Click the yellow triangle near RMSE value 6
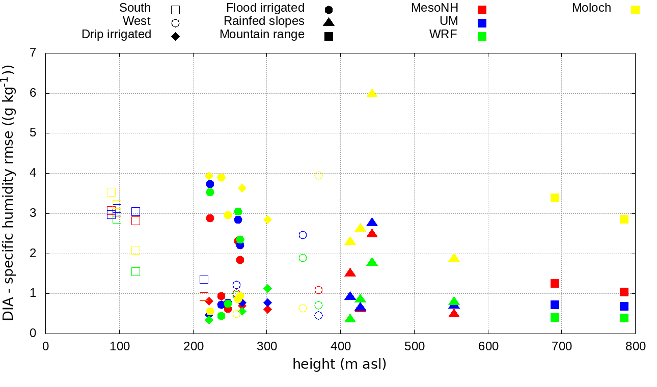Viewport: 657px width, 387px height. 372,93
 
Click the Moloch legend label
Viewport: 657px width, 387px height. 591,8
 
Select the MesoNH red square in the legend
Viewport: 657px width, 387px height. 482,10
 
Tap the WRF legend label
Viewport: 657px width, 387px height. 443,35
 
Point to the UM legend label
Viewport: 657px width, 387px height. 449,21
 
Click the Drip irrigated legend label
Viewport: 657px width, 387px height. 116,35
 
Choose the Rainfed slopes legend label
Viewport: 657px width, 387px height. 264,21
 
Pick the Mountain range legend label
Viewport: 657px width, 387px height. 262,35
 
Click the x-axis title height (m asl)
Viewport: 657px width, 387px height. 339,364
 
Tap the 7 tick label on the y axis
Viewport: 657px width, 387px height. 34,53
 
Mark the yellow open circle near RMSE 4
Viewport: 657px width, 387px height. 318,175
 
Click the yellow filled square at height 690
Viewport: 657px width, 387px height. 555,198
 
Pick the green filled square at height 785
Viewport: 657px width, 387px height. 624,318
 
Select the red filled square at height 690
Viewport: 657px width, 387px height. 555,283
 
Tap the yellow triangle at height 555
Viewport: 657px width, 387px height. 454,258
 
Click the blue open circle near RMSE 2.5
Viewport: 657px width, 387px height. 303,235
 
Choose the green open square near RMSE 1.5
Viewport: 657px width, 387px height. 135,271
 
